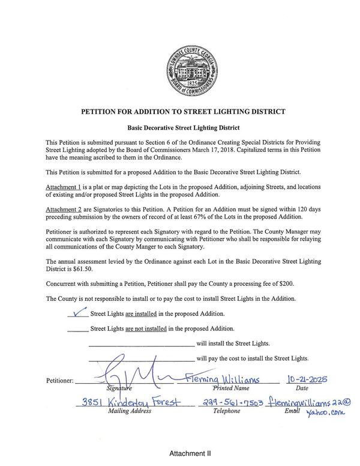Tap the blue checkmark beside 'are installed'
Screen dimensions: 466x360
(x=77, y=312)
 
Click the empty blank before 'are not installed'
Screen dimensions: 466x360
(x=77, y=328)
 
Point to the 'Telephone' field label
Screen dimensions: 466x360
(x=226, y=411)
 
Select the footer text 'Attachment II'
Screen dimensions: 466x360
(x=190, y=453)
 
